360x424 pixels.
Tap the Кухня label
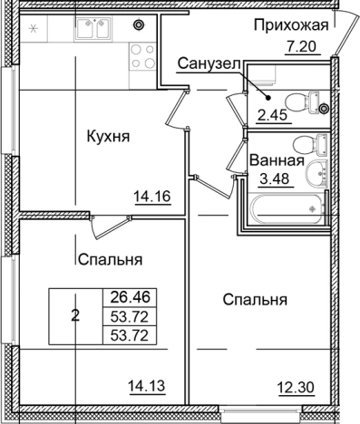[108, 138]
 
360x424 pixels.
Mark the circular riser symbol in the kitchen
[138, 24]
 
